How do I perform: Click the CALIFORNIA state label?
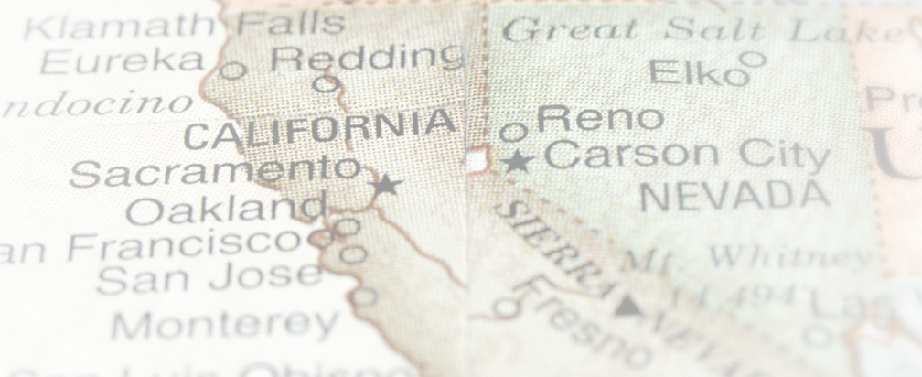point(319,129)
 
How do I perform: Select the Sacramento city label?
point(215,170)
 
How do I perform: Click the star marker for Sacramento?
point(386,185)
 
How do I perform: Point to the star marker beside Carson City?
point(517,162)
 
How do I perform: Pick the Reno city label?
point(600,117)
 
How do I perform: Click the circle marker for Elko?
point(752,59)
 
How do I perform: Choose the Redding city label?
point(367,57)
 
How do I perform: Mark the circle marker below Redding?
point(326,84)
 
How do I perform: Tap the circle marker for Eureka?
point(234,70)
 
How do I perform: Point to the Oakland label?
point(225,210)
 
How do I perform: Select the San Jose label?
point(209,278)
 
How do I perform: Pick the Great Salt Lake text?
point(695,29)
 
